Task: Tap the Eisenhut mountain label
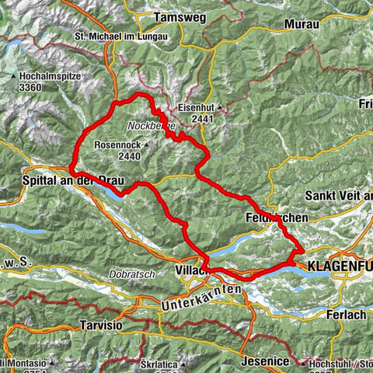(195, 108)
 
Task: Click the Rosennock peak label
(117, 145)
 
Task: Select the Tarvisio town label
(98, 326)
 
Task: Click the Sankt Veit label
(339, 194)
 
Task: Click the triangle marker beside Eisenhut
(220, 108)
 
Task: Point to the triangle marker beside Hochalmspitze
(15, 76)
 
